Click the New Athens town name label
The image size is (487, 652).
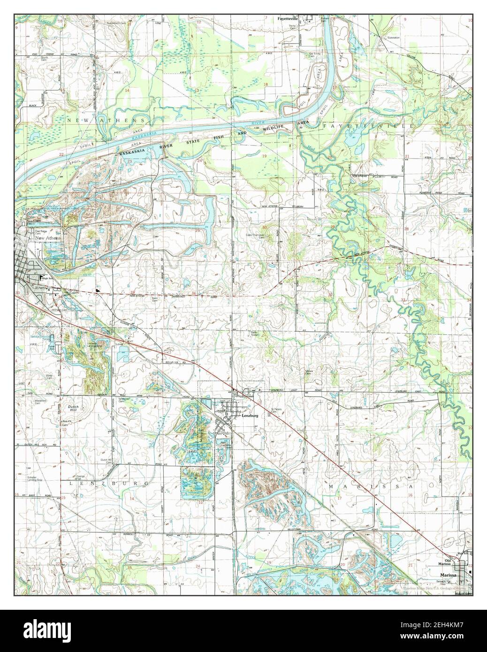(x=48, y=239)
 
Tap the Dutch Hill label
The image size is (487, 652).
(x=73, y=409)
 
